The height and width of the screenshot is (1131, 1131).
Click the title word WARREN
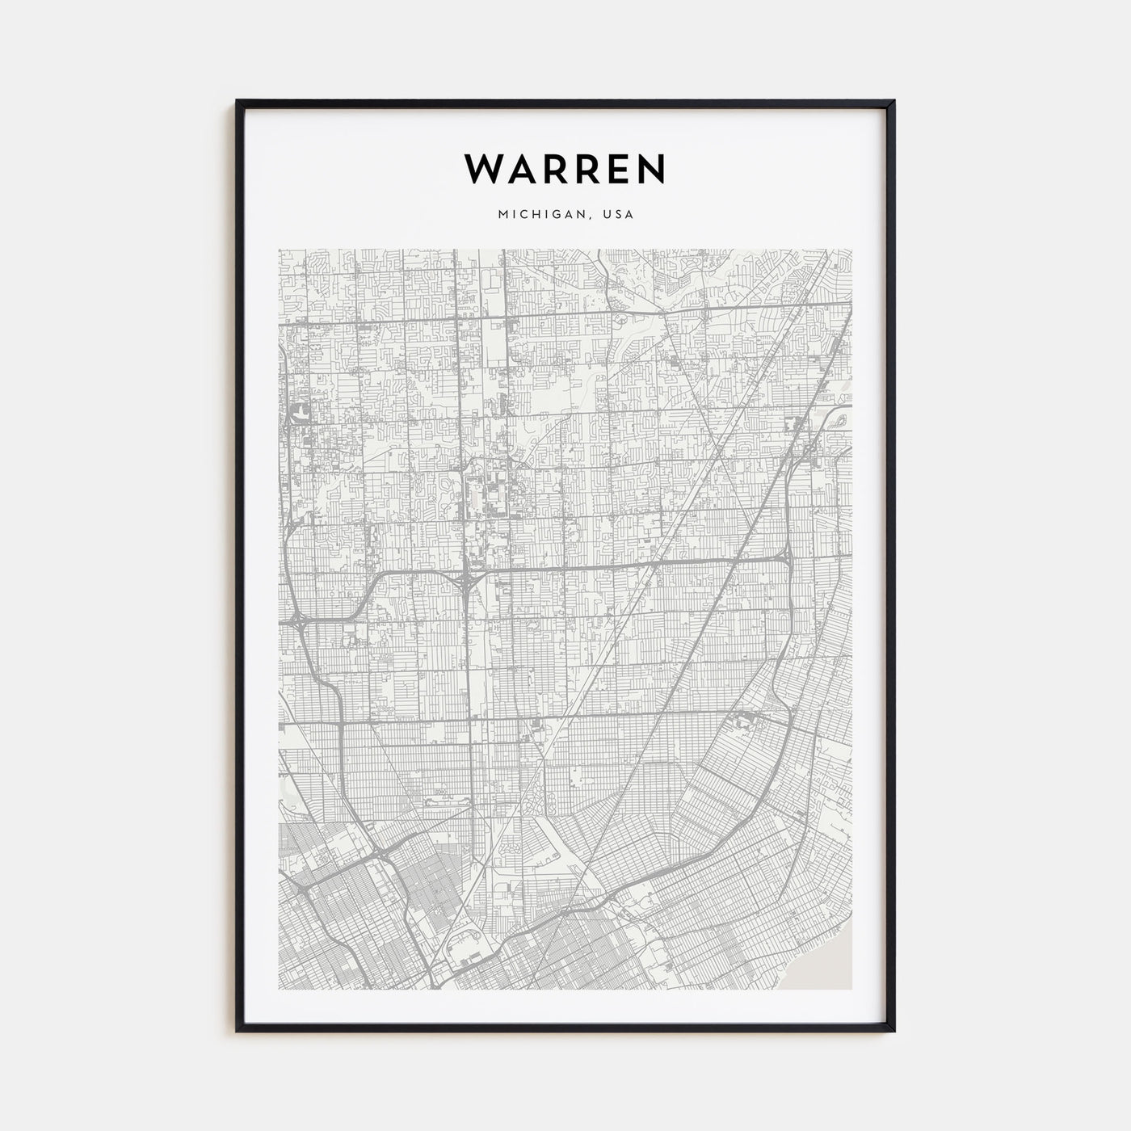(x=565, y=168)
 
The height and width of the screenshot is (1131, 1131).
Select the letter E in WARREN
(x=619, y=168)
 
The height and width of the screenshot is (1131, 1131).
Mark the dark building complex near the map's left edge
(x=301, y=414)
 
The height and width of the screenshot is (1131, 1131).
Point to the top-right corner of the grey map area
(x=852, y=249)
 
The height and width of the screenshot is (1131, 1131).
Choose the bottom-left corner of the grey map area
(x=279, y=990)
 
